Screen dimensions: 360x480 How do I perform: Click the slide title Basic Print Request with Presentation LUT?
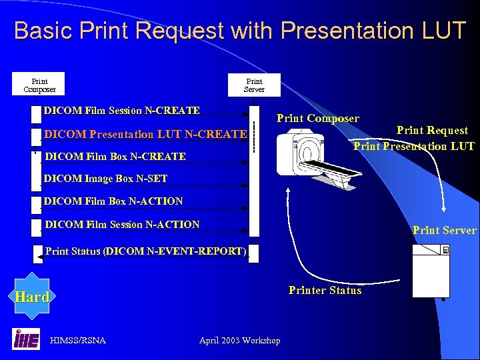tap(240, 31)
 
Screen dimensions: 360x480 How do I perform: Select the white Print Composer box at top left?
tap(39, 85)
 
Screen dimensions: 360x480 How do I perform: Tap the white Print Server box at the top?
tap(254, 85)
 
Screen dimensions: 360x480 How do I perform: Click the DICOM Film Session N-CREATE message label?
tap(121, 110)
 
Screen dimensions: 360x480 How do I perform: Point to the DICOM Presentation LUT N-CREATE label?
tap(145, 134)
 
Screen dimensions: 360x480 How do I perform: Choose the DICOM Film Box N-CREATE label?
tap(115, 157)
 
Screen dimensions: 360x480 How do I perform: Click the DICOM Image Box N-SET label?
tap(105, 178)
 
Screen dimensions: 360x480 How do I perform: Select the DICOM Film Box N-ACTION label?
tap(113, 201)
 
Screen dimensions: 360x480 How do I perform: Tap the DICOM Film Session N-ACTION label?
tap(121, 225)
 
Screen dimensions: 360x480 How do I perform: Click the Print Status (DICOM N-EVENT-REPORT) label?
tap(145, 251)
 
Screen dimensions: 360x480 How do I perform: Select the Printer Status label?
tap(325, 290)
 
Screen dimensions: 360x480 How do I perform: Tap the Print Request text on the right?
tap(432, 131)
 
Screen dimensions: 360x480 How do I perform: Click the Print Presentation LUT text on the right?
tap(413, 146)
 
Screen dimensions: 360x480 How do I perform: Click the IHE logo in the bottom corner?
tap(26, 339)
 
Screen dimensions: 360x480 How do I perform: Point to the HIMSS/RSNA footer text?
tap(78, 341)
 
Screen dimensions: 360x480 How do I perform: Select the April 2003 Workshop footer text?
tap(240, 341)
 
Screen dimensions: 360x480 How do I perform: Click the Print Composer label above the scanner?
tap(317, 119)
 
